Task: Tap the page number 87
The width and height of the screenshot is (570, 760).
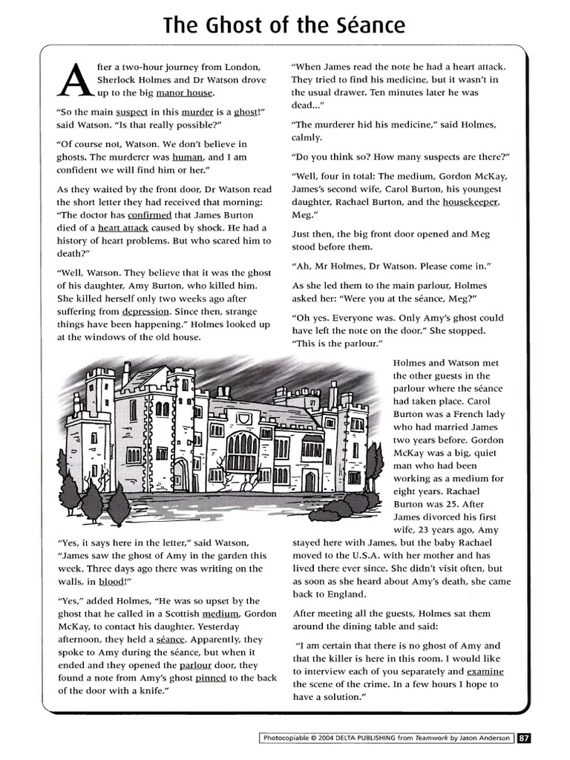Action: pos(524,738)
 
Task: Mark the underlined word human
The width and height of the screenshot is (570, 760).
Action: pos(187,157)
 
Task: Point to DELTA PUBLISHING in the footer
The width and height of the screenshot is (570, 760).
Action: pos(356,738)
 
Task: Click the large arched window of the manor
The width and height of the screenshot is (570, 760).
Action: pos(243,452)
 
